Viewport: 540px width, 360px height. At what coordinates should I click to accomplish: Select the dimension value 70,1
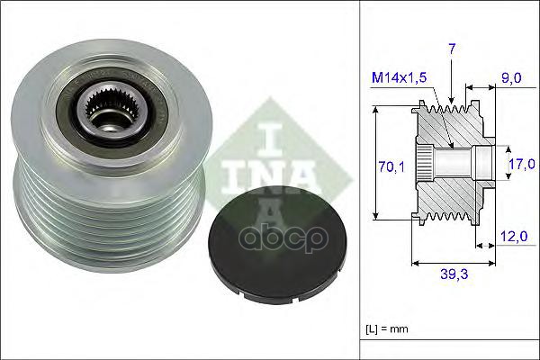(384, 165)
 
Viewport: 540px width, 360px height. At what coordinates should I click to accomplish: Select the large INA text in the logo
(269, 171)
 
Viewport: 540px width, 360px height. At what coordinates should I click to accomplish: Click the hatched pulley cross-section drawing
(450, 162)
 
